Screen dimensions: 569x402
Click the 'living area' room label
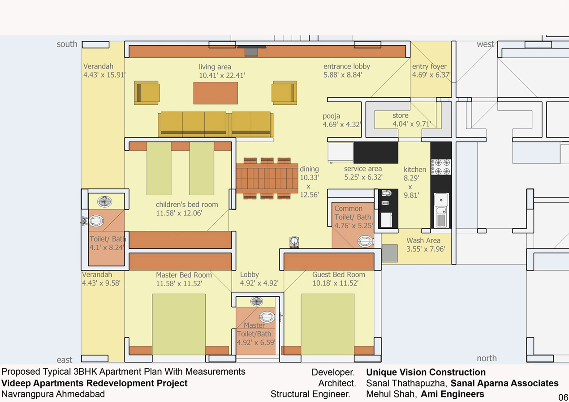(215, 67)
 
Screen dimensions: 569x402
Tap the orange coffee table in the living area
(216, 93)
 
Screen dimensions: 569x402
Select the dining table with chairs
(267, 179)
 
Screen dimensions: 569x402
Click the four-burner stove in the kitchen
(441, 167)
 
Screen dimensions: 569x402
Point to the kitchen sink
(441, 210)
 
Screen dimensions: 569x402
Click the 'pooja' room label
(331, 116)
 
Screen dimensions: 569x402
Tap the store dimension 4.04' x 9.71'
(411, 124)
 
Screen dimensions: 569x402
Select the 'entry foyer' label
(429, 67)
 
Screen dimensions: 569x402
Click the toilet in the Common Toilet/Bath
(366, 241)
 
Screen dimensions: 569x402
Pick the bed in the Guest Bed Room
(328, 324)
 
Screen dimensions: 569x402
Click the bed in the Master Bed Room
(179, 324)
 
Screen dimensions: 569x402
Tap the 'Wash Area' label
(423, 240)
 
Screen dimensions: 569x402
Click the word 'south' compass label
(67, 44)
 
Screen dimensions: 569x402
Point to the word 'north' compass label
(487, 358)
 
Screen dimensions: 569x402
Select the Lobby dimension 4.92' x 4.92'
(259, 283)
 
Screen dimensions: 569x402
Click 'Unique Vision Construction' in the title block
(426, 372)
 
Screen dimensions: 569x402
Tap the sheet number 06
(563, 397)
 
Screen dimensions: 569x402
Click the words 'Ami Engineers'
(453, 394)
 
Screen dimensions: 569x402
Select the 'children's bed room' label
(187, 204)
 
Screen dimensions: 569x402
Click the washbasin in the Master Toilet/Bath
(257, 301)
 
